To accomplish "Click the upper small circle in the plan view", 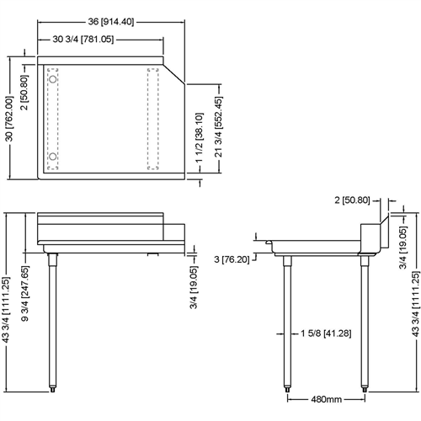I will click(x=54, y=78).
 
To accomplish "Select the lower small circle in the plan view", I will click(x=54, y=157).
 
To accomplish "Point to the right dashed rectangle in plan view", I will click(x=153, y=118).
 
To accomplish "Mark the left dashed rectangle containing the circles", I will click(x=54, y=118).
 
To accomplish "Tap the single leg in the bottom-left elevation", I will click(x=53, y=320).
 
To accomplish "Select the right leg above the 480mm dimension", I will click(x=365, y=320).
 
